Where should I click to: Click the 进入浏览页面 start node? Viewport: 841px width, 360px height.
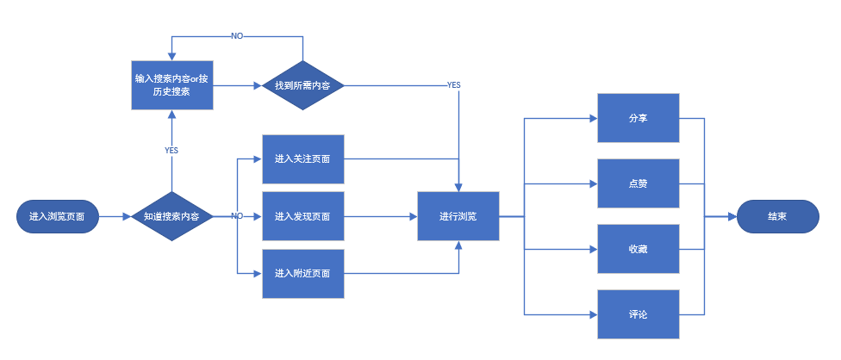(x=57, y=216)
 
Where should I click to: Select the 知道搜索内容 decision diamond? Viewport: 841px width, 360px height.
(x=171, y=216)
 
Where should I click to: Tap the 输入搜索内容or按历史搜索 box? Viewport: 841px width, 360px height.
(x=171, y=84)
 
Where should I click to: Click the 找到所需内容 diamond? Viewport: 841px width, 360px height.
(x=303, y=85)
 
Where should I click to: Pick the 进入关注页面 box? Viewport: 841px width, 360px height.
(x=303, y=159)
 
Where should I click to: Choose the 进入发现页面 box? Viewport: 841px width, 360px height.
(x=303, y=216)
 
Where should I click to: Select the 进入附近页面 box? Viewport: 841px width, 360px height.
(x=303, y=274)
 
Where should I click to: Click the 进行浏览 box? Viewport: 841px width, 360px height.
(x=458, y=216)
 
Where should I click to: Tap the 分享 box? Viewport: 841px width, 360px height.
(x=639, y=117)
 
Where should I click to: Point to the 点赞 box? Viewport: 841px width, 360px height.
(x=639, y=183)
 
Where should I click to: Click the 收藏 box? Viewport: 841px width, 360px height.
(x=639, y=249)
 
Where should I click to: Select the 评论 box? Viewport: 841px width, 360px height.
(x=639, y=314)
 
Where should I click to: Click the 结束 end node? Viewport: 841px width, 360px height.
(x=776, y=216)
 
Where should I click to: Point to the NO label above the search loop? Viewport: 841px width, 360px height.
(x=237, y=36)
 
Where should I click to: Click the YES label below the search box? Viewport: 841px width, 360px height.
(x=171, y=150)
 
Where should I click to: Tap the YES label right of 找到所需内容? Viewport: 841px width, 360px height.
(x=453, y=85)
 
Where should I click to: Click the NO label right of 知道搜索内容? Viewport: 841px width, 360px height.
(x=236, y=216)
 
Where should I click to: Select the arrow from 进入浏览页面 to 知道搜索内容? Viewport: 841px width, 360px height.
(x=114, y=216)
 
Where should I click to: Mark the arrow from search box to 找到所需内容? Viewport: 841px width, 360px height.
(x=237, y=85)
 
